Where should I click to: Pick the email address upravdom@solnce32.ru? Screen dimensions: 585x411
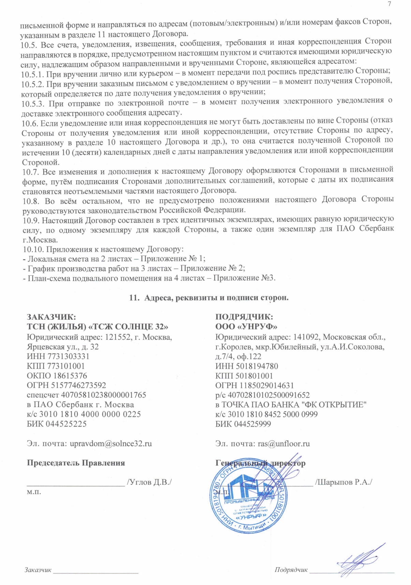pyautogui.click(x=111, y=443)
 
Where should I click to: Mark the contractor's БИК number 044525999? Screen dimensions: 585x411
pyautogui.click(x=252, y=424)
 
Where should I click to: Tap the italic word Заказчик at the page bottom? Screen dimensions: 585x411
pyautogui.click(x=38, y=570)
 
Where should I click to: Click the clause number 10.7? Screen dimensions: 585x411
pyautogui.click(x=28, y=170)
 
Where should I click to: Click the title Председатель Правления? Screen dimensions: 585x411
pyautogui.click(x=76, y=463)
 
